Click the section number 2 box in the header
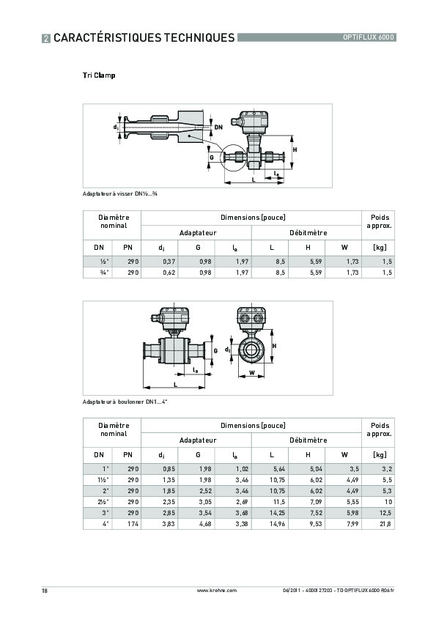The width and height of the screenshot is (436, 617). pos(46,37)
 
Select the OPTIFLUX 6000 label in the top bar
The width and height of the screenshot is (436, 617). pos(369,37)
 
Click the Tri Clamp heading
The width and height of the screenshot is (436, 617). pos(99,75)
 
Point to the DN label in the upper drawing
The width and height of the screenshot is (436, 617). pos(218,128)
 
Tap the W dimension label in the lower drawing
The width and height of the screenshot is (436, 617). pos(252,373)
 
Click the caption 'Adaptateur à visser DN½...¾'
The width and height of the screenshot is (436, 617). pos(121,193)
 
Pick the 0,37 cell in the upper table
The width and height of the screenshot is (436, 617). pos(169,261)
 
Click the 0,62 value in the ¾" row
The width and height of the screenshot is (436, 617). pos(169,273)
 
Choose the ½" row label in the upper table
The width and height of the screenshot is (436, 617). pos(103,261)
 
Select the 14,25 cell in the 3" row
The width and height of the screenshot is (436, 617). pos(278,513)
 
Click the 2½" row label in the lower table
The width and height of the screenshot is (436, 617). pos(103,502)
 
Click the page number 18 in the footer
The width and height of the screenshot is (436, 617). pos(45,590)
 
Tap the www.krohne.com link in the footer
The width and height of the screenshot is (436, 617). pos(218,590)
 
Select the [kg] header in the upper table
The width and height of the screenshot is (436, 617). pos(380,248)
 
